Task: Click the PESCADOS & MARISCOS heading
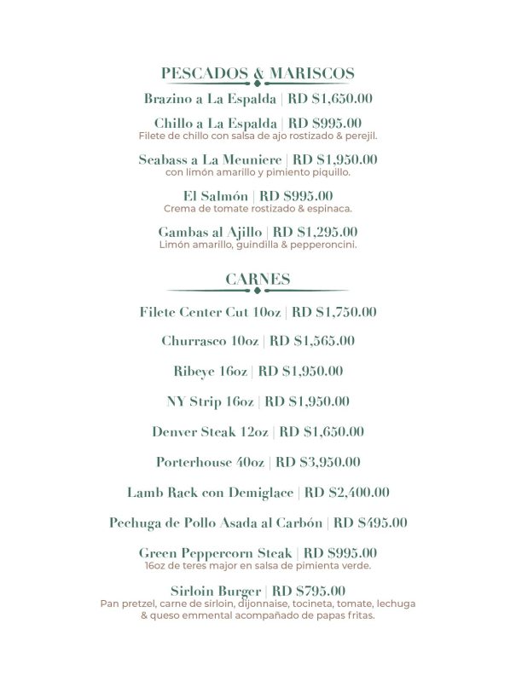pos(258,73)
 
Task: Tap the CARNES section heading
pos(258,279)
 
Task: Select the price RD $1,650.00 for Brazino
pos(330,98)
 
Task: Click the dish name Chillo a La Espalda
pos(217,124)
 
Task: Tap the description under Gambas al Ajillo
pos(258,245)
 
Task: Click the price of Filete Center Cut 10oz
pos(334,312)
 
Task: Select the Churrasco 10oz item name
pos(210,341)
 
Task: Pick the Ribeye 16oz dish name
pos(210,371)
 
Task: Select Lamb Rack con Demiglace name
pos(210,492)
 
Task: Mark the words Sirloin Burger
pos(217,591)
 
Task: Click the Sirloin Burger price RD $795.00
pos(309,591)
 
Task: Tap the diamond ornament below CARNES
pos(258,292)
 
